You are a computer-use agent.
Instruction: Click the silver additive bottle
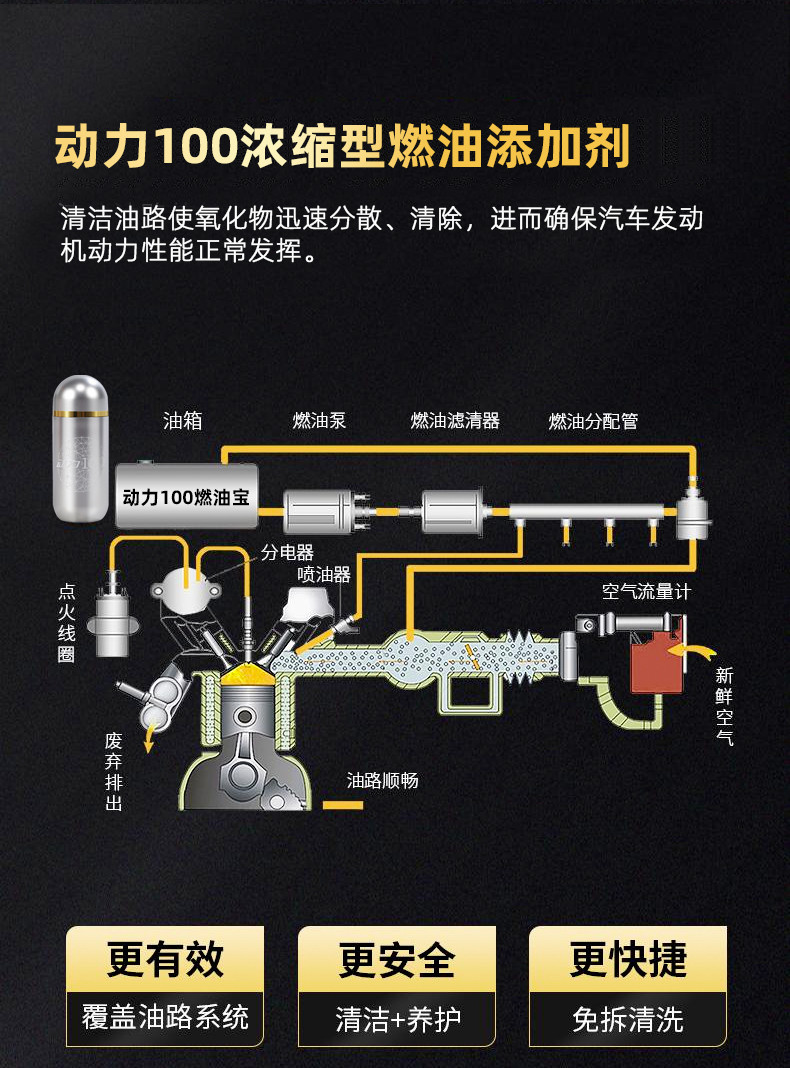point(81,448)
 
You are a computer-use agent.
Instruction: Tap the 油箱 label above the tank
point(183,421)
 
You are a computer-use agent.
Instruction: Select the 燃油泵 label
point(319,421)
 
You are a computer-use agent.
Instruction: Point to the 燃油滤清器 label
point(455,421)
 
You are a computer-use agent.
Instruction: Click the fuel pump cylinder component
point(320,511)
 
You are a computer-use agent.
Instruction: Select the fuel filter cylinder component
point(454,511)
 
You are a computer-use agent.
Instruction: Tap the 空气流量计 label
point(646,592)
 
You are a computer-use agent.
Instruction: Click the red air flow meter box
point(655,660)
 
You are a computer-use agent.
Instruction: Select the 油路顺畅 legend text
point(382,781)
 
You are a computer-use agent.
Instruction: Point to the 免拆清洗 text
point(628,1020)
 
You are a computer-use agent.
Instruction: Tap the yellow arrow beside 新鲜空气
point(696,652)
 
